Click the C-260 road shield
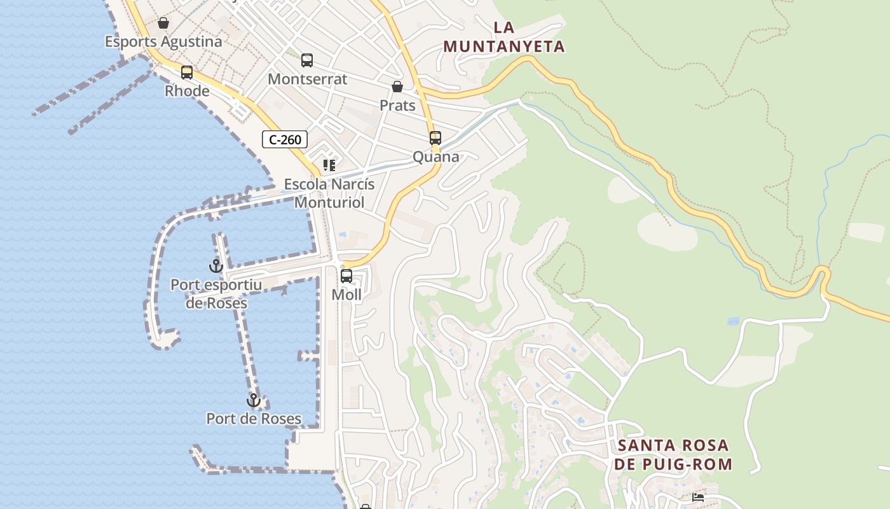tap(285, 139)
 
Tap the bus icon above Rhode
tap(187, 73)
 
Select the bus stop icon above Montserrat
tap(307, 60)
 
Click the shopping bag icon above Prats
tap(397, 87)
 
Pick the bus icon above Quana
tap(435, 138)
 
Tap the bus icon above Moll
tap(346, 276)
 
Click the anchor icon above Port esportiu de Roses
tap(216, 266)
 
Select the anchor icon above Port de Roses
tap(254, 400)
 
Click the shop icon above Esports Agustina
tap(163, 24)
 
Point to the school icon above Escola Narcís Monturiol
tap(329, 165)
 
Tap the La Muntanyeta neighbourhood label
tap(504, 37)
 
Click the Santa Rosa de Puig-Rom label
tap(673, 454)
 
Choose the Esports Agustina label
tap(163, 42)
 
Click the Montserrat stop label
tap(308, 79)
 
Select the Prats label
tap(397, 105)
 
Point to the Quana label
tap(435, 157)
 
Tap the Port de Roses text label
tap(254, 419)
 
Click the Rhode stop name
tap(187, 91)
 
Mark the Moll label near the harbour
tap(346, 295)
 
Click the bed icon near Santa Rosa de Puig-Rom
tap(698, 498)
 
